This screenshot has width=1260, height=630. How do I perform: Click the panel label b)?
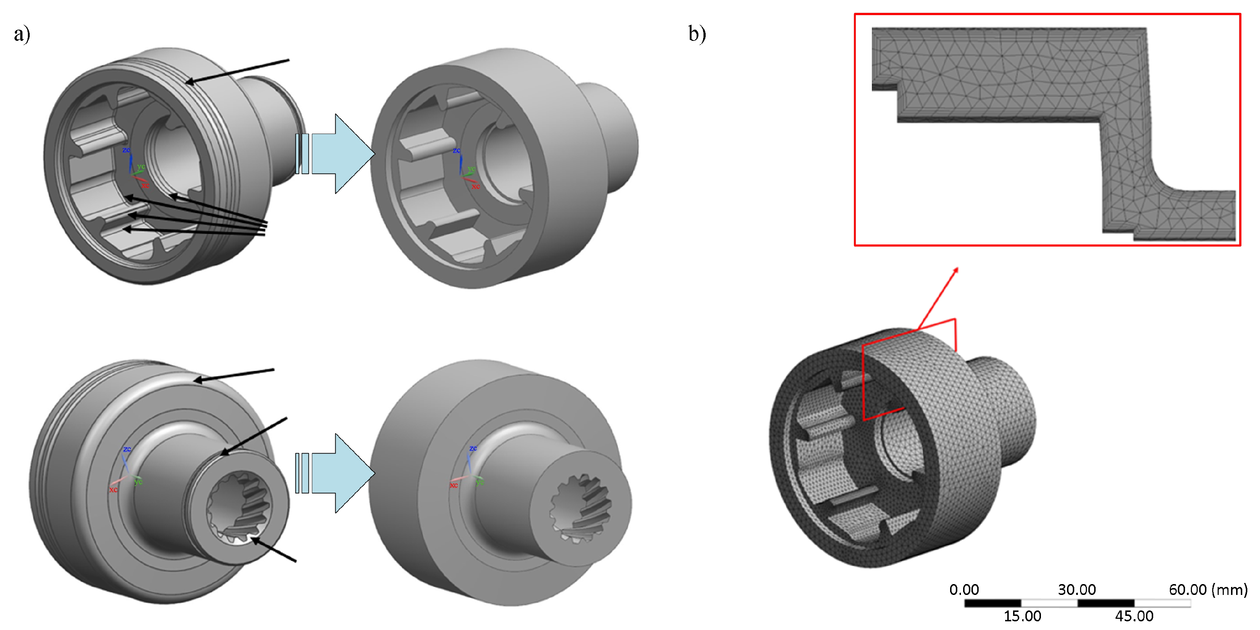coord(697,34)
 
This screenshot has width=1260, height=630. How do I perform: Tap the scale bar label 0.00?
coord(963,589)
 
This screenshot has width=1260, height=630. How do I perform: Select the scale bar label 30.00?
coord(1076,589)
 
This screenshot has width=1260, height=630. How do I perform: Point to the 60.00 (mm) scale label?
coord(1207,589)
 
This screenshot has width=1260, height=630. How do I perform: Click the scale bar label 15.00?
coord(1022,616)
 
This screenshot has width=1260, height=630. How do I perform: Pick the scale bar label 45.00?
coord(1134,616)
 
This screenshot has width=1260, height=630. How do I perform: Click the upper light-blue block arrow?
coord(343,153)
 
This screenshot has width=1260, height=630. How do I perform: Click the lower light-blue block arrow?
coord(343,473)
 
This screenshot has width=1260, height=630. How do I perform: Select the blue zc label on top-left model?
coord(126,150)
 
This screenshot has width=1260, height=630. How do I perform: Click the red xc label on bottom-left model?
coord(113,490)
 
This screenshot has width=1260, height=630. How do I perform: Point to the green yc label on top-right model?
coord(471,169)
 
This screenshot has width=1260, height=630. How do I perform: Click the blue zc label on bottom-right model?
coord(472,448)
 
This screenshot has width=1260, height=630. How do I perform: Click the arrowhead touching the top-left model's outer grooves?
coord(190,82)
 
